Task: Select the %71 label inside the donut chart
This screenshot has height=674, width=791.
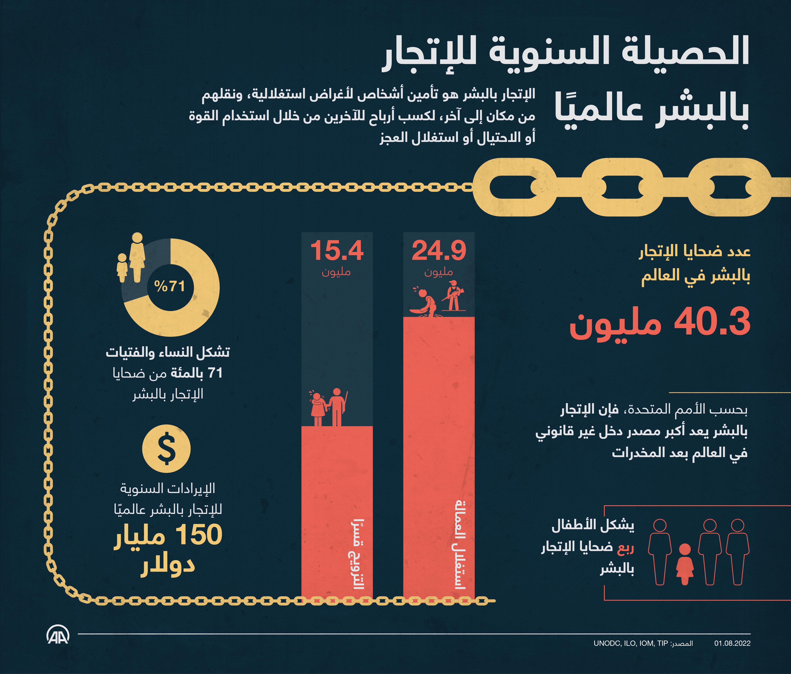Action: [170, 286]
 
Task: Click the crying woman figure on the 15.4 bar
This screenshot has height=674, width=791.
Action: [318, 408]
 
